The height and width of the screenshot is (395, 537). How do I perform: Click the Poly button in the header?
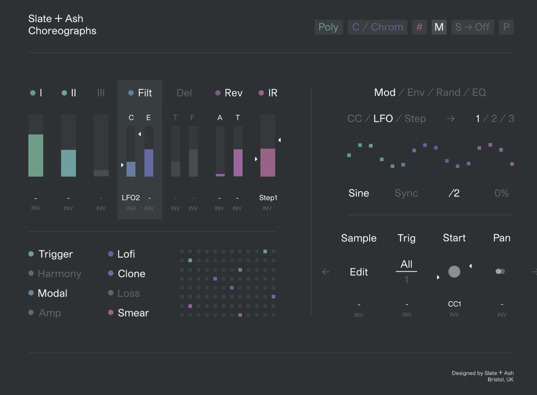click(328, 27)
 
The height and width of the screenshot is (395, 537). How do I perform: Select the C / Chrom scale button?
click(377, 27)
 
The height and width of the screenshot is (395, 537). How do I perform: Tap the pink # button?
click(419, 27)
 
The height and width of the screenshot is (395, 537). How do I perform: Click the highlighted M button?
click(439, 27)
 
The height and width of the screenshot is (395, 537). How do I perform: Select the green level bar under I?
click(36, 155)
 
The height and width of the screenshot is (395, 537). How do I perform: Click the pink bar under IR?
click(268, 163)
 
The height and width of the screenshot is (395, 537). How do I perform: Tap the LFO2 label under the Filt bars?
click(131, 198)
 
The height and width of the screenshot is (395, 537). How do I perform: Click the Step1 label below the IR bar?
click(268, 198)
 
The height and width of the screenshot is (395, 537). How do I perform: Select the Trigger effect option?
click(56, 254)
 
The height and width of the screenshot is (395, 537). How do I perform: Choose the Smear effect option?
click(133, 313)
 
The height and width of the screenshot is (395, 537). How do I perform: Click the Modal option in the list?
click(53, 293)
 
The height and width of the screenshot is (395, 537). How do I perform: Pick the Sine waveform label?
click(359, 193)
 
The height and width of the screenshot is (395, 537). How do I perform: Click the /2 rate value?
click(454, 193)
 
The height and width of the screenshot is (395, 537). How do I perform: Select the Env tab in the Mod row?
click(416, 93)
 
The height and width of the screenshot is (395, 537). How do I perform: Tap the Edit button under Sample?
click(359, 272)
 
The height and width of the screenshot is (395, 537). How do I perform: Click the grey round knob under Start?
click(454, 272)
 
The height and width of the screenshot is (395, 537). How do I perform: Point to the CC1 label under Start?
click(454, 304)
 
